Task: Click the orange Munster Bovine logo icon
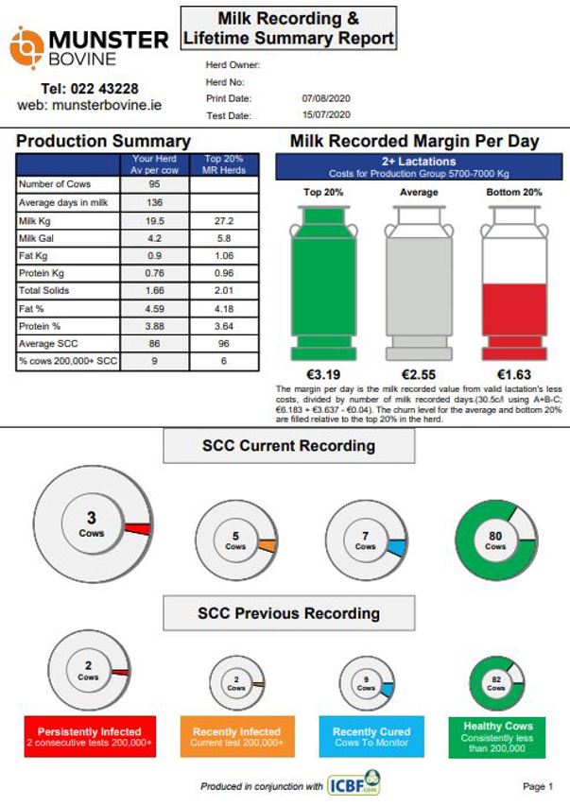point(26,44)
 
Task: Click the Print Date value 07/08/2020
point(326,98)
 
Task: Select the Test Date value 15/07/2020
point(326,114)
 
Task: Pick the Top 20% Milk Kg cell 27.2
point(223,219)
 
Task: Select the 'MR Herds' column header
point(223,169)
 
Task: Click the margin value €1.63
point(513,373)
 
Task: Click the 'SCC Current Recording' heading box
point(288,446)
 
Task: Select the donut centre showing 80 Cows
point(495,540)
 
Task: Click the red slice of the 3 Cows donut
point(138,529)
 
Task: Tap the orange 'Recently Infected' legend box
point(237,737)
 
